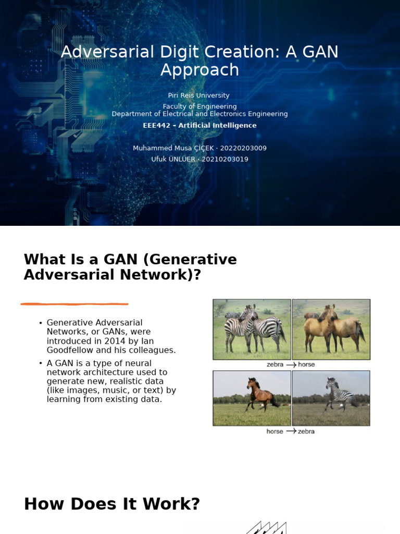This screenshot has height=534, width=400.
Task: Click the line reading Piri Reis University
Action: click(x=198, y=95)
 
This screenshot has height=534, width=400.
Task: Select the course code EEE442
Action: click(x=157, y=126)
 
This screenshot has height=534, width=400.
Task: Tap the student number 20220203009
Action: click(x=243, y=148)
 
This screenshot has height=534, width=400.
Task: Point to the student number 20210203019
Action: click(x=225, y=159)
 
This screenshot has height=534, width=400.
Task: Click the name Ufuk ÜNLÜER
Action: click(x=173, y=159)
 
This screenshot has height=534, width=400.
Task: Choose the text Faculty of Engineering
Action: click(x=199, y=106)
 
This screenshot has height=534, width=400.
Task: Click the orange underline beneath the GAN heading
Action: click(x=74, y=304)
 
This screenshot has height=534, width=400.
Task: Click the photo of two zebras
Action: click(x=252, y=329)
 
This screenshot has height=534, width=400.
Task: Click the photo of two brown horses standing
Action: click(x=331, y=329)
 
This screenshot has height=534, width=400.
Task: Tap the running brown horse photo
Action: click(x=252, y=398)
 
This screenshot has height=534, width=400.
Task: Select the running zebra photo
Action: click(x=331, y=398)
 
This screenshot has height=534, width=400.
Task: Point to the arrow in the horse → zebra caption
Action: click(x=291, y=431)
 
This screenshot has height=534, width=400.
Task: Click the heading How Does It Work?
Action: click(x=112, y=504)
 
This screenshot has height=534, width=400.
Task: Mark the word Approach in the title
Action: click(x=199, y=70)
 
